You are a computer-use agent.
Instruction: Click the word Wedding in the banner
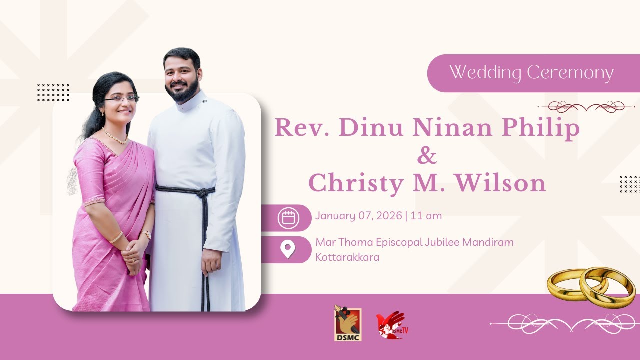coord(478,73)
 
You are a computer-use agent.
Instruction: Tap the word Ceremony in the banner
coord(570,73)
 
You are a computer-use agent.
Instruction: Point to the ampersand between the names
coord(427,156)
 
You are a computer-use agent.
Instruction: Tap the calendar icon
coord(288,218)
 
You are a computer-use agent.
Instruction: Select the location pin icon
coord(288,249)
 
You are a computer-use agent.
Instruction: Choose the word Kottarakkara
coord(347,258)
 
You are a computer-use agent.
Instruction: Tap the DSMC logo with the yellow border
coord(348,324)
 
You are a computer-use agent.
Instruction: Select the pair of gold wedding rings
coord(590,287)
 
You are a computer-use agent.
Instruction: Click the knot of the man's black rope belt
coord(203,193)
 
